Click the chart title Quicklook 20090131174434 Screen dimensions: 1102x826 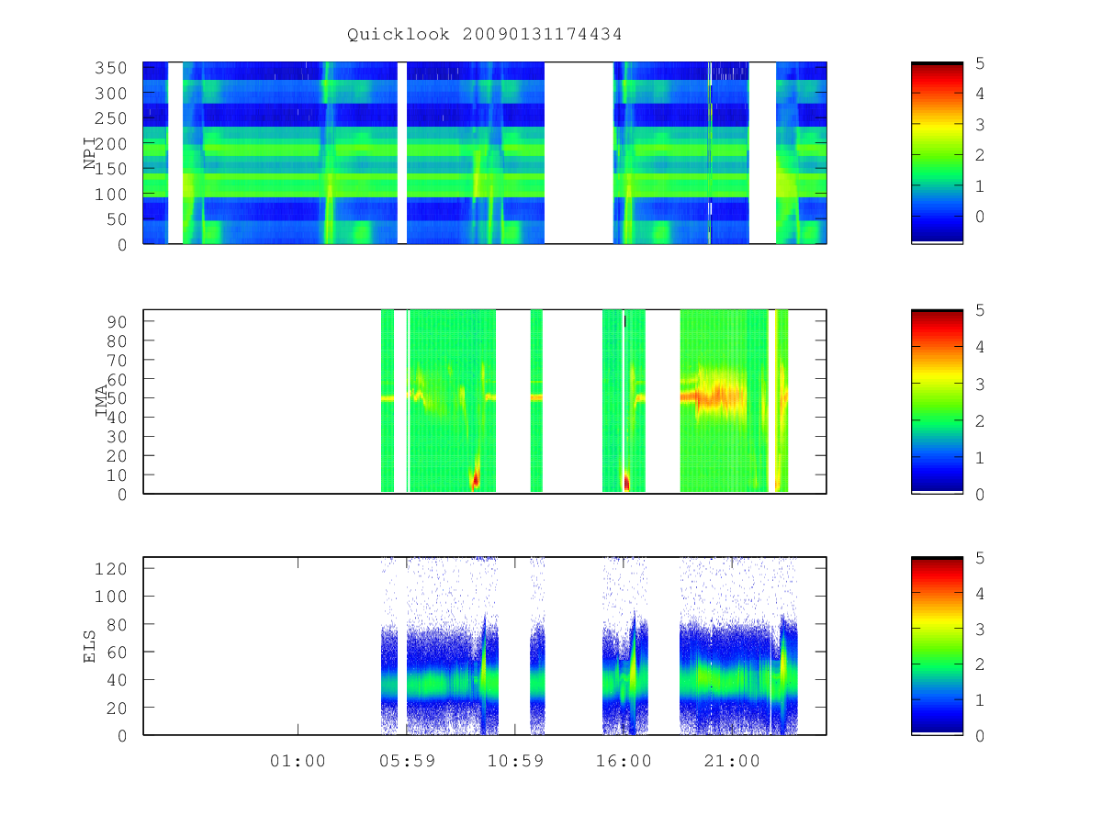coord(484,34)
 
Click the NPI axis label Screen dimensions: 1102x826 coord(90,153)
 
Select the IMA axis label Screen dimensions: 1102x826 coord(101,400)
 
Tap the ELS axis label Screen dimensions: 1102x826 coord(89,646)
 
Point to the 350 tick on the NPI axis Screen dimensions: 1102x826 coord(110,68)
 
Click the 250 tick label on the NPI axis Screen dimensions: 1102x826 coord(110,118)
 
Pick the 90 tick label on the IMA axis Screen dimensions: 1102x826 coord(117,321)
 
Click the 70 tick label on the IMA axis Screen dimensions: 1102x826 coord(117,360)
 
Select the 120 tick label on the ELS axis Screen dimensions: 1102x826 coord(110,568)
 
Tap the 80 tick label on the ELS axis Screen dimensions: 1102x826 coord(117,624)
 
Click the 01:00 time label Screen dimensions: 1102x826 coord(298,760)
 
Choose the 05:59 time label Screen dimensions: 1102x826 coord(407,760)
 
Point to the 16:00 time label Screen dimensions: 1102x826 coord(624,760)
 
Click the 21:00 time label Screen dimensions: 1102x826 coord(732,760)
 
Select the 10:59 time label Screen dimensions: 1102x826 coord(515,760)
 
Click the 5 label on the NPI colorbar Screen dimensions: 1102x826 coord(980,63)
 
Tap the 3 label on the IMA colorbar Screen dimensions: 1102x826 coord(980,385)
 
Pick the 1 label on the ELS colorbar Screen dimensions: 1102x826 coord(980,699)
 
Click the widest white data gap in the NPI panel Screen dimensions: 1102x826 coord(579,152)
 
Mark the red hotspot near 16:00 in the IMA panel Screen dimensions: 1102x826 coord(626,482)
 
